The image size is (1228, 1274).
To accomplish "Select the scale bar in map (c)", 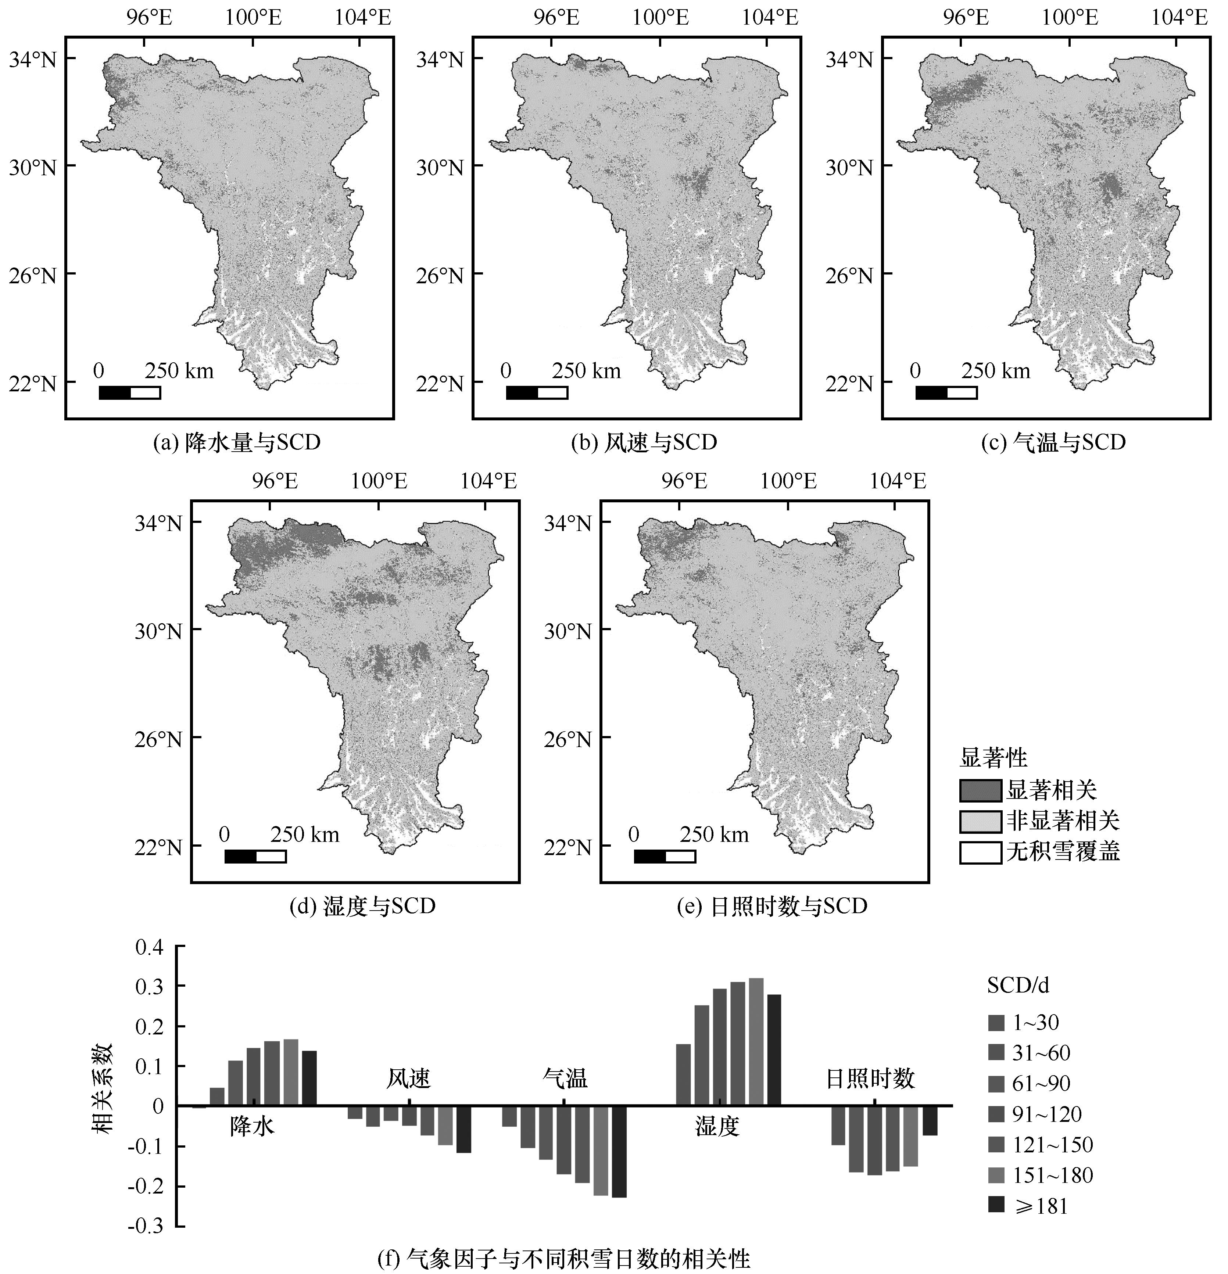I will click(946, 392).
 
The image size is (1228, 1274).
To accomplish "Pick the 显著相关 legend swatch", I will click(980, 790).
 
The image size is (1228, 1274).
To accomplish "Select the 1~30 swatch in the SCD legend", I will click(996, 1022).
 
